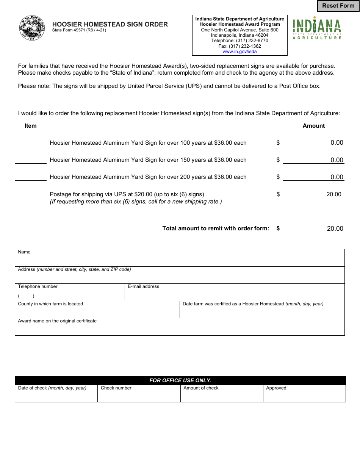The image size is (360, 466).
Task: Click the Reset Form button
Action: click(338, 6)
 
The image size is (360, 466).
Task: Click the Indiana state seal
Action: click(32, 28)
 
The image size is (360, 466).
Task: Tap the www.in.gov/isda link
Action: click(239, 52)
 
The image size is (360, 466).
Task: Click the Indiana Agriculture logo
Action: click(317, 29)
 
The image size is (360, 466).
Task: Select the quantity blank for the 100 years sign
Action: click(30, 143)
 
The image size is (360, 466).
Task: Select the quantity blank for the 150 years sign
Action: click(30, 160)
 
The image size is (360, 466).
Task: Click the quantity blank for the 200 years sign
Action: click(30, 177)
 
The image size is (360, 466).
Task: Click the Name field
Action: click(180, 260)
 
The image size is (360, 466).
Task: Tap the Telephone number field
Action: click(70, 296)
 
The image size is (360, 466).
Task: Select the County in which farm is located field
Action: click(97, 312)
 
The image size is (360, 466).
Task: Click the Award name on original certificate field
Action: click(180, 329)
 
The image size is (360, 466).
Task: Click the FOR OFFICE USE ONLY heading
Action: click(180, 380)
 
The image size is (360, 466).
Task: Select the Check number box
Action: click(139, 396)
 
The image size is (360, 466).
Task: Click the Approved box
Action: click(304, 396)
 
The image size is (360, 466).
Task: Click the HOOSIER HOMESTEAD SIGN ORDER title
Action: click(110, 24)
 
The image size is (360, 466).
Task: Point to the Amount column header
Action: click(313, 126)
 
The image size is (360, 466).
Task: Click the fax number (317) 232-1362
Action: click(239, 46)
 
